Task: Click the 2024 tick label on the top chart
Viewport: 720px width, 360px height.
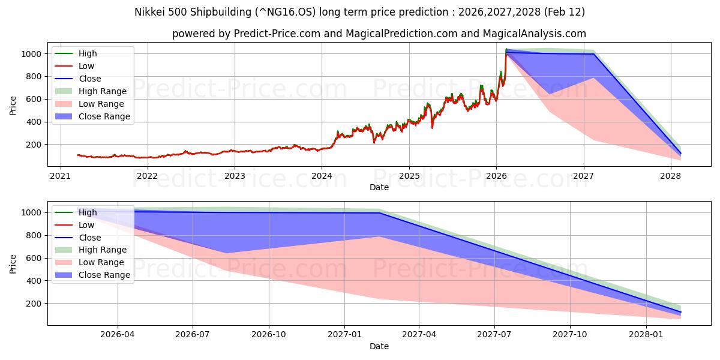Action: [x=322, y=176]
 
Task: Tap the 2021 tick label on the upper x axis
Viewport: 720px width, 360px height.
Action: [x=60, y=176]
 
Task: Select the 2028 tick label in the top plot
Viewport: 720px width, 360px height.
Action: [x=670, y=176]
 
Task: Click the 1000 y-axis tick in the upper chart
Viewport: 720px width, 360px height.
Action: [x=31, y=54]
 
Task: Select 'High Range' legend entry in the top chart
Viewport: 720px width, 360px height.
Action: [x=102, y=91]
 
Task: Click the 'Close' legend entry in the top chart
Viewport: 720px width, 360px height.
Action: [x=89, y=79]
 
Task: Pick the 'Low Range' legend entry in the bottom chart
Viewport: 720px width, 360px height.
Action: [x=101, y=262]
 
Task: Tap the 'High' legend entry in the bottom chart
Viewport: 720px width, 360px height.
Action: [x=88, y=212]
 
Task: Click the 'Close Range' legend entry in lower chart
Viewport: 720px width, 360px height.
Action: [x=104, y=275]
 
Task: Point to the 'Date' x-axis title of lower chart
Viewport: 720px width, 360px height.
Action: [x=379, y=346]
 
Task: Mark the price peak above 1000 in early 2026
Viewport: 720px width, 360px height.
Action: [x=506, y=49]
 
